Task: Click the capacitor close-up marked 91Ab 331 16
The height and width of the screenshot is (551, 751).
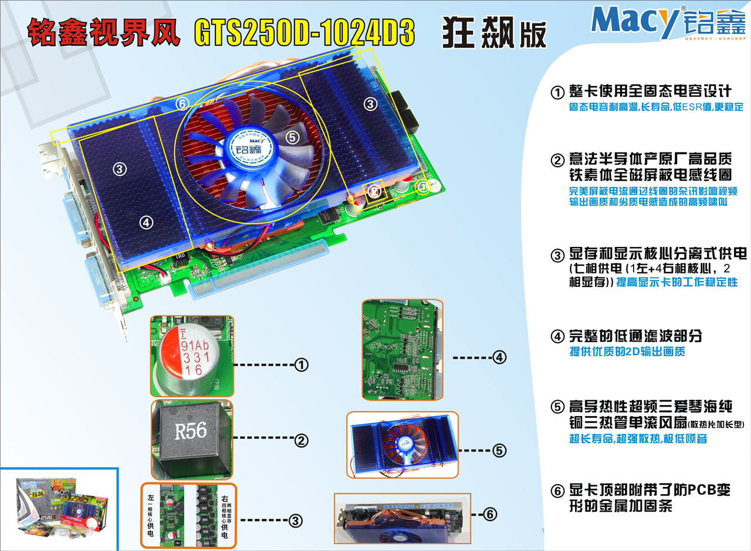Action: click(192, 356)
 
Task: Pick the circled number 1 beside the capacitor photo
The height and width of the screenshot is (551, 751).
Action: click(302, 365)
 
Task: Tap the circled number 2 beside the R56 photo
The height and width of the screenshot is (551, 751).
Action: click(302, 440)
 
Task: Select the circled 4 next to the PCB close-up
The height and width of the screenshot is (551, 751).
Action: click(499, 357)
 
